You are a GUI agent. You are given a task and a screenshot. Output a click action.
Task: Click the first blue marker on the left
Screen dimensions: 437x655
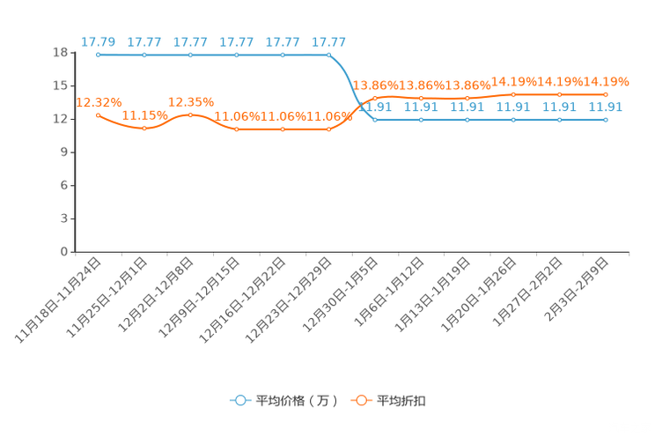98,55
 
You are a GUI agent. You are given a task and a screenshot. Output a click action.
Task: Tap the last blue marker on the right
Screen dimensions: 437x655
606,120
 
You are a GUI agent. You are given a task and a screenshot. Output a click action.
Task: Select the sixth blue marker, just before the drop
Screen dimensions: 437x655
328,55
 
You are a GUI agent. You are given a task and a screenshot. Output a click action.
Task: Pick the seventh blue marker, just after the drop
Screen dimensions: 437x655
375,120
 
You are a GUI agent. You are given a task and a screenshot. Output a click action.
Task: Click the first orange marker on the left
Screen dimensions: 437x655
98,115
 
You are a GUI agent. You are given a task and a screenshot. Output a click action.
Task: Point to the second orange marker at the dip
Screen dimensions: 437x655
144,129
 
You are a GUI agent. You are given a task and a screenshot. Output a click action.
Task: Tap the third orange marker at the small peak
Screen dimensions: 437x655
190,115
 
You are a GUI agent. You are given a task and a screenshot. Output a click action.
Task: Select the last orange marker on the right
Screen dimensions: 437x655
606,93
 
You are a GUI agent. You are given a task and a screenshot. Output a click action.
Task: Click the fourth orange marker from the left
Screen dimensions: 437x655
236,130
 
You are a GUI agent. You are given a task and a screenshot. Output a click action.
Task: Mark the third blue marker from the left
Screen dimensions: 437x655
190,55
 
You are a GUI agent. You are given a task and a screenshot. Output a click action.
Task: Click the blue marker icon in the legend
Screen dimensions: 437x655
239,400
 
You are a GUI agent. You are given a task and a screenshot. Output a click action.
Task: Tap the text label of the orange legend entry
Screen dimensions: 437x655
402,401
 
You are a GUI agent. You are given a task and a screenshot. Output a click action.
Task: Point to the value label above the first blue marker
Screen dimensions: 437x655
98,41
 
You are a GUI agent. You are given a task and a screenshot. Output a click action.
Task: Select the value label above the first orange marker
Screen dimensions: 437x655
98,102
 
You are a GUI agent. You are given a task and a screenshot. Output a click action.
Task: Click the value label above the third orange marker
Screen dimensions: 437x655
191,101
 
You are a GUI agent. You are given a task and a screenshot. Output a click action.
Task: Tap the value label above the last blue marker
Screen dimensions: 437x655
606,107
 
